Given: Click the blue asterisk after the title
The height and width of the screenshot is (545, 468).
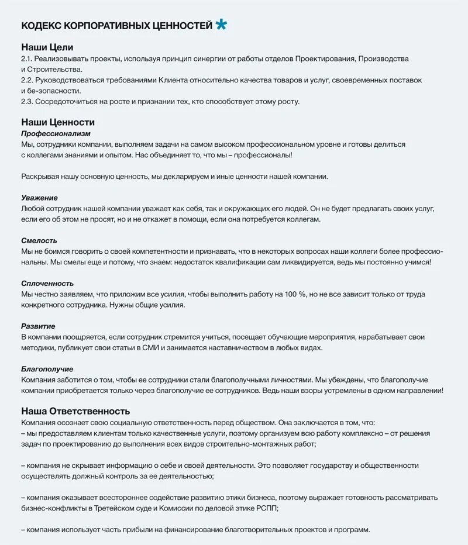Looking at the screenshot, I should click(x=221, y=25).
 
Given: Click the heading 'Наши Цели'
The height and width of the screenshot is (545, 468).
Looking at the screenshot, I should click(x=47, y=47).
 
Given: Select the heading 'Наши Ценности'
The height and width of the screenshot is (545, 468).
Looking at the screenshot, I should click(x=57, y=122).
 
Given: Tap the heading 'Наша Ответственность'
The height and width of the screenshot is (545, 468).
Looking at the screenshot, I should click(x=75, y=411).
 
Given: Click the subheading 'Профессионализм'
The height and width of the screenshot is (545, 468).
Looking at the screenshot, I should click(x=56, y=133).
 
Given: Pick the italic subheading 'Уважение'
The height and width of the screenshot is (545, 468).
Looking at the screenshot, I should click(x=39, y=198).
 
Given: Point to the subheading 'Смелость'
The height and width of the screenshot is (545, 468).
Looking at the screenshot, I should click(x=39, y=240).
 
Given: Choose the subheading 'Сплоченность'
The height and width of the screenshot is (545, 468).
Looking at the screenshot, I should click(x=47, y=283).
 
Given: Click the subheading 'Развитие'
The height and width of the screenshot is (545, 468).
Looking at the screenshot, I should click(x=38, y=326).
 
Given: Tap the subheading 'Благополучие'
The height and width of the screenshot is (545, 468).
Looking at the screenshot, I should click(x=47, y=369).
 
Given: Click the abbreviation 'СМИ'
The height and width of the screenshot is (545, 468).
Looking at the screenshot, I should click(x=168, y=347).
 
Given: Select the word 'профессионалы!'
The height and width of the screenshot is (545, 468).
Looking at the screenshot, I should click(x=263, y=155).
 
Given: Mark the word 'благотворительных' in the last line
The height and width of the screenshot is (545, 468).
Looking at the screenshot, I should click(x=233, y=529).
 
